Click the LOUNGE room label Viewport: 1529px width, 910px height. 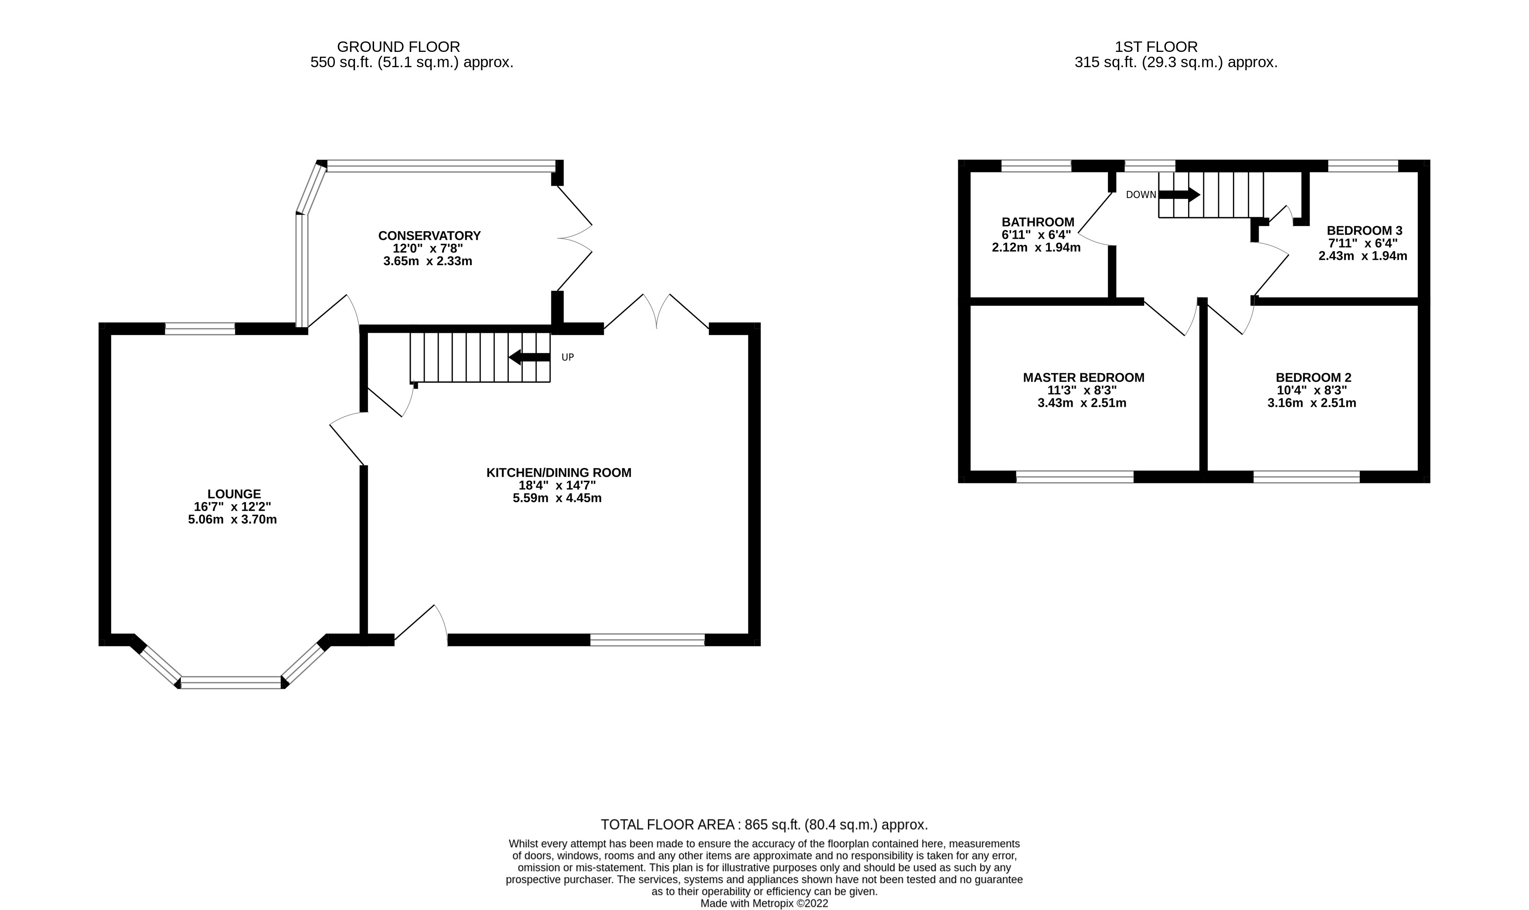[x=234, y=494]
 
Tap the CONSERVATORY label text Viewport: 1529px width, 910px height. [x=429, y=236]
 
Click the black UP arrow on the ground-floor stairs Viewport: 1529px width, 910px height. [x=529, y=357]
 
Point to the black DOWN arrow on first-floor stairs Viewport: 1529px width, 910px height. [x=1178, y=195]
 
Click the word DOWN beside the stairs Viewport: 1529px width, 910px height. [x=1141, y=195]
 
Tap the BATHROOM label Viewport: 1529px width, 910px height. [x=1038, y=222]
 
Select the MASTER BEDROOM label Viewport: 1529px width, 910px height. [x=1083, y=378]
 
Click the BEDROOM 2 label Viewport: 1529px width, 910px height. [x=1313, y=378]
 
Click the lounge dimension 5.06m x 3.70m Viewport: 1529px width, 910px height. [x=232, y=520]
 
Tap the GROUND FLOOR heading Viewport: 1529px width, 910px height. [x=398, y=47]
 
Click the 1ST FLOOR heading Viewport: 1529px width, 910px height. [x=1156, y=47]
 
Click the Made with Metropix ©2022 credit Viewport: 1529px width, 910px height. [x=763, y=903]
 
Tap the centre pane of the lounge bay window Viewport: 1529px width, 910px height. [x=231, y=682]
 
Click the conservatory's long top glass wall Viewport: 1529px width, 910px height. [x=441, y=166]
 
